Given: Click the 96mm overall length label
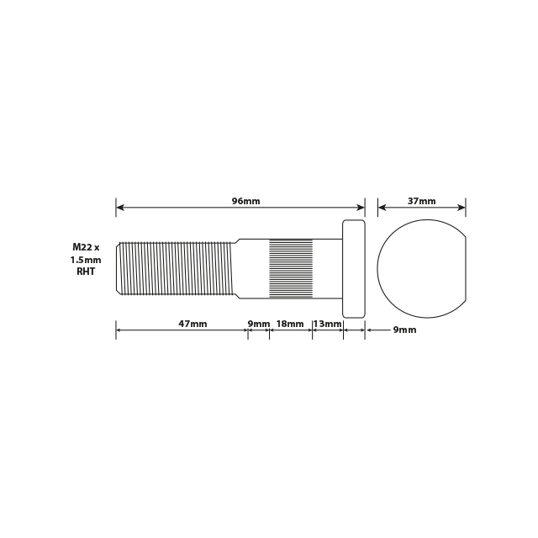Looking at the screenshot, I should [245, 201].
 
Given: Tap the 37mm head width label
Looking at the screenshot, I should [421, 201].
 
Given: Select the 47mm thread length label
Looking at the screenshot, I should [193, 324].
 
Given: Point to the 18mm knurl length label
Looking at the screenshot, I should [290, 324].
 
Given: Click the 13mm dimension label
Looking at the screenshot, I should [327, 324].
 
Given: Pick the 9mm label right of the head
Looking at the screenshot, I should [404, 330].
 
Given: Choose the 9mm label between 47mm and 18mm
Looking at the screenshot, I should [258, 324].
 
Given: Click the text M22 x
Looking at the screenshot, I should [86, 247].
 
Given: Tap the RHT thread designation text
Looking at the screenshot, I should [86, 272].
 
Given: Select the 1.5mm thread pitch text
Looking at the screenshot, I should [86, 260].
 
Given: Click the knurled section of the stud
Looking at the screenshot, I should [290, 268].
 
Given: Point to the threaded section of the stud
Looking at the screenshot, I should [177, 268].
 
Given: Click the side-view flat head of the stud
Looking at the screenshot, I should [354, 268].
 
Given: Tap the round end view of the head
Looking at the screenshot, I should [420, 268].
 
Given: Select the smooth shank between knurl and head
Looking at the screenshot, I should [327, 268].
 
